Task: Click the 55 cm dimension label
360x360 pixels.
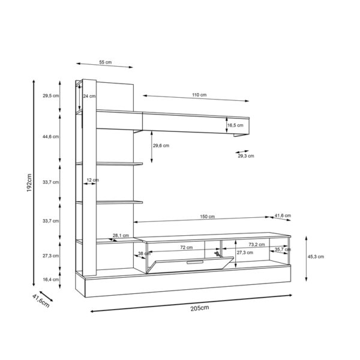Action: (106, 62)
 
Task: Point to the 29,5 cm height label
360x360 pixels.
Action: (50, 95)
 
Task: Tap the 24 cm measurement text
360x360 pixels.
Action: (88, 95)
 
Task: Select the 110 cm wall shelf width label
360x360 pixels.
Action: (199, 95)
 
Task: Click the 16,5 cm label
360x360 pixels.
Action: (235, 125)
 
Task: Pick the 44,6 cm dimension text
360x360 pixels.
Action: (50, 137)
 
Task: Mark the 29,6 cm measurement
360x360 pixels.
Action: (161, 145)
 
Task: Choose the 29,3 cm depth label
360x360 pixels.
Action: (246, 156)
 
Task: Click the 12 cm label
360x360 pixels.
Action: (92, 180)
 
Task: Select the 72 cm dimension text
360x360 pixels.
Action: (186, 247)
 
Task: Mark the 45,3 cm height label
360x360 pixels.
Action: (316, 256)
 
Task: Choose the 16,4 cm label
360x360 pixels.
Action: (50, 279)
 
